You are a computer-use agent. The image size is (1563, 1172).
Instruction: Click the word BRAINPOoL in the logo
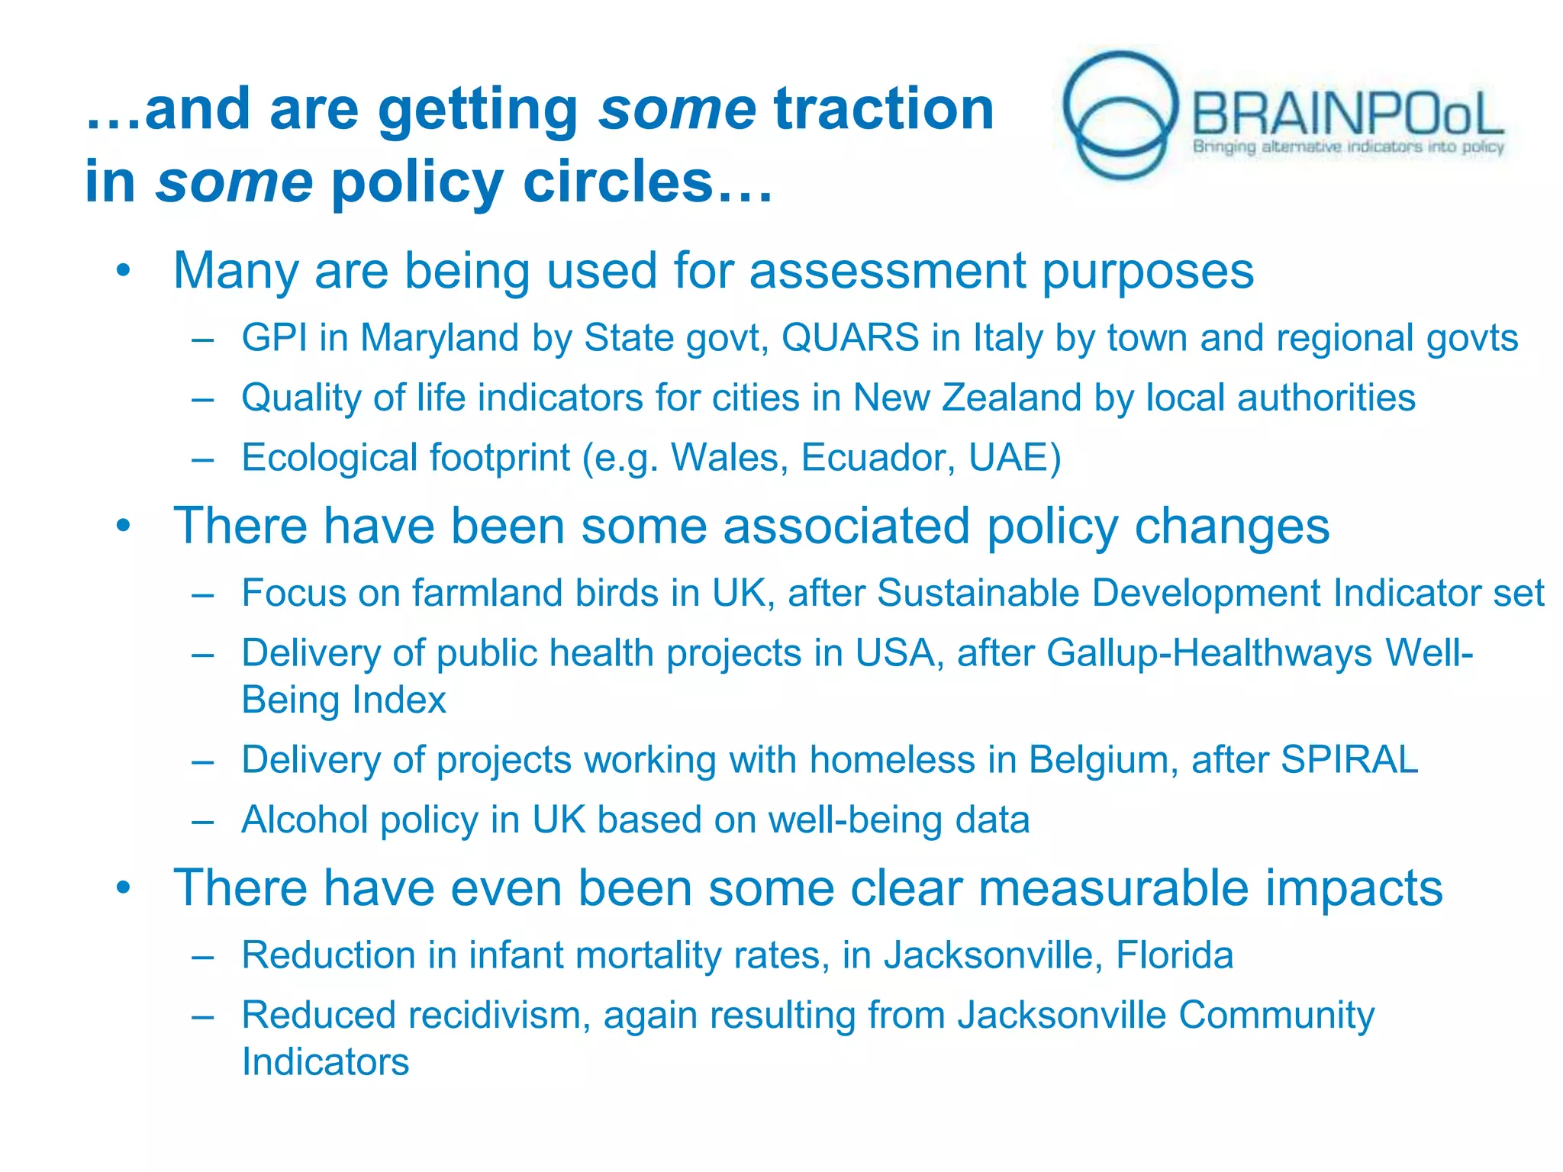point(1347,114)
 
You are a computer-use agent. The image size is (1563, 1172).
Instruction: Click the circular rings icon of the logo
point(1120,114)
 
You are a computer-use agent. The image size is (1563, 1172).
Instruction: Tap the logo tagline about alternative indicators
point(1348,147)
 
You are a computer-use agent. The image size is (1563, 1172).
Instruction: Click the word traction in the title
point(884,109)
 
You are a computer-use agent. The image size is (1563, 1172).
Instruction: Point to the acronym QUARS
point(849,338)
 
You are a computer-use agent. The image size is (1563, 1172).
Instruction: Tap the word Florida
point(1174,955)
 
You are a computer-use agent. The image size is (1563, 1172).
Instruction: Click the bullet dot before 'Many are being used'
point(124,271)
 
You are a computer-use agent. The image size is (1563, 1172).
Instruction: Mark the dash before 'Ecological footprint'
point(202,459)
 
